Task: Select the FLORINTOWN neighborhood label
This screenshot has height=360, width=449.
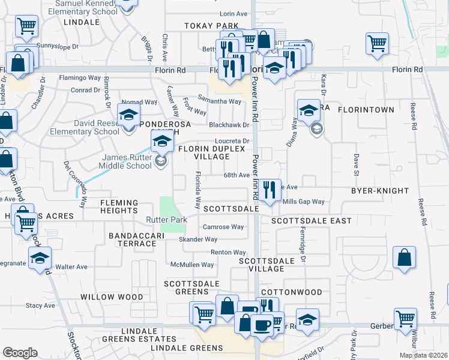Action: coord(366,110)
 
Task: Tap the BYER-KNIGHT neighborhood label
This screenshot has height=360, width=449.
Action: coord(380,191)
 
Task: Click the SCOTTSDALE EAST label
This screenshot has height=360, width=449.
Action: coord(311,221)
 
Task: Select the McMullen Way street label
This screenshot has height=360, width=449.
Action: coord(192,265)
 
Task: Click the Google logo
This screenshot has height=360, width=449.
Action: coord(20,352)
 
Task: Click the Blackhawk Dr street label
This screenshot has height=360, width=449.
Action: coord(229,125)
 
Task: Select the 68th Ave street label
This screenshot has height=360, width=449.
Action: coord(236,175)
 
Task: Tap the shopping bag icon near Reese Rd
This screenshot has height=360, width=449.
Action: coord(405,257)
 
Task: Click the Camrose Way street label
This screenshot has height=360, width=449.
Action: coord(223,227)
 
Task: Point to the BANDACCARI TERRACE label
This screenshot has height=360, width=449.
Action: coord(132,240)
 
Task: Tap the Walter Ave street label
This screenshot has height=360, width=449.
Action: coord(71,266)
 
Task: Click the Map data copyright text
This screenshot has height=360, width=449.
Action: coord(424,355)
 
